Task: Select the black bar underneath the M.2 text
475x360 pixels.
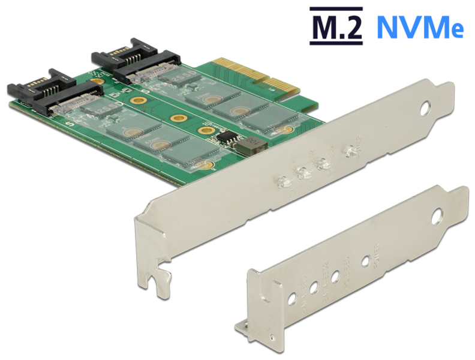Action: (336, 43)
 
